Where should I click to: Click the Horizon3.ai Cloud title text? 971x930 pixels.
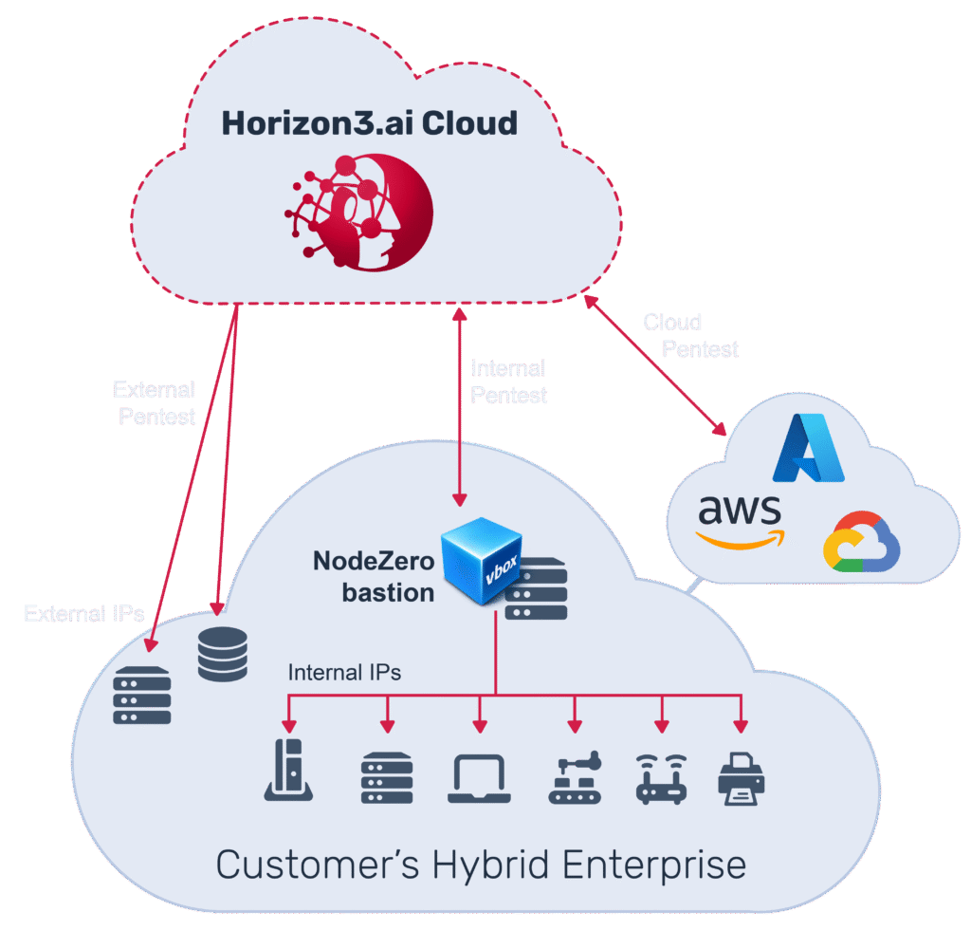point(370,123)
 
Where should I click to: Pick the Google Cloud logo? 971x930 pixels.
point(861,542)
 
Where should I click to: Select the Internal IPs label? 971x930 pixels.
point(344,673)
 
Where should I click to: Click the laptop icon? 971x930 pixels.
point(480,779)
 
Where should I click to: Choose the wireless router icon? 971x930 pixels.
point(660,779)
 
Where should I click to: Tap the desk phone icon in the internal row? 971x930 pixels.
point(288,771)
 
